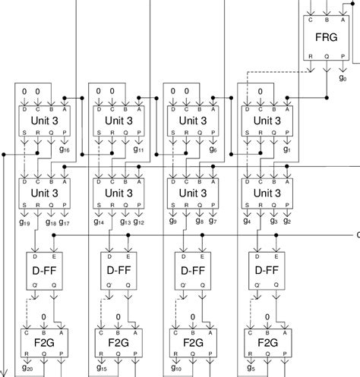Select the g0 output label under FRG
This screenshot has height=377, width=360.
tap(343, 77)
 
